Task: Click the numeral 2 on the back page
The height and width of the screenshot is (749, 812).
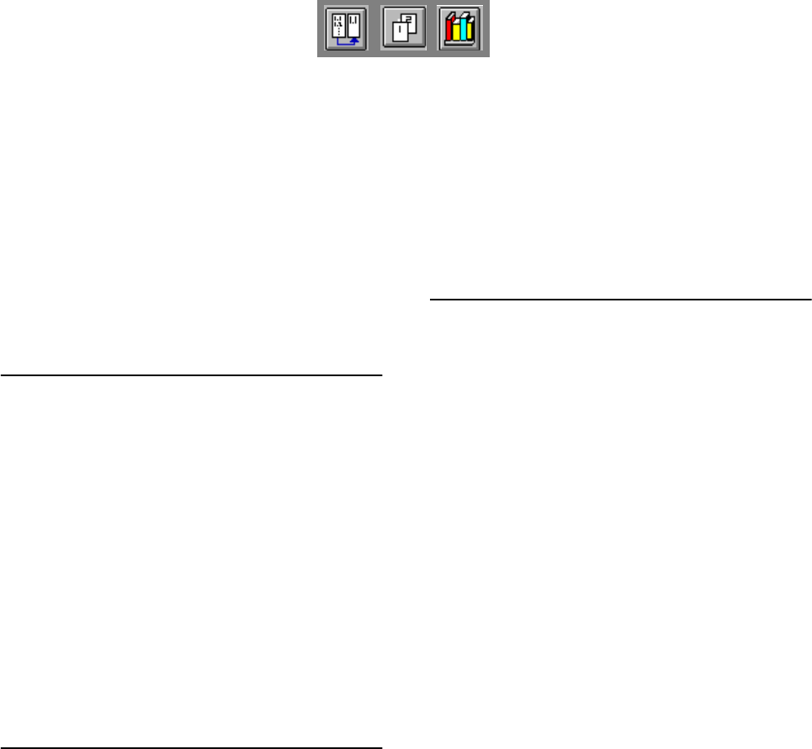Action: click(407, 24)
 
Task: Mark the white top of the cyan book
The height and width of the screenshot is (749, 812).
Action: click(462, 17)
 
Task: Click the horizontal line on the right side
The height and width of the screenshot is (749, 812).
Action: click(620, 299)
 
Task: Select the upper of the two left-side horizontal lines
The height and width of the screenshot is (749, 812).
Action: click(192, 375)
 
